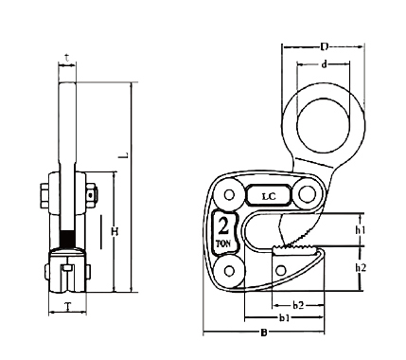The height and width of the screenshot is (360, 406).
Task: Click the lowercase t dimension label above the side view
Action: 65,56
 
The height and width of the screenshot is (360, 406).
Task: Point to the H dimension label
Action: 115,231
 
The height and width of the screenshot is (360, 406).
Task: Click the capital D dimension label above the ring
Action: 326,45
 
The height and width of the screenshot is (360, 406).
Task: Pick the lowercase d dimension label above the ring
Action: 326,64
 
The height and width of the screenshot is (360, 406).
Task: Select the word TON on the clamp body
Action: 223,243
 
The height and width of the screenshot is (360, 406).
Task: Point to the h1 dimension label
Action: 361,230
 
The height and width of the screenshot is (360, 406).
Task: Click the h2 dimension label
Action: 361,268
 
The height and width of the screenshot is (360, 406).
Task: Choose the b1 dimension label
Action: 284,319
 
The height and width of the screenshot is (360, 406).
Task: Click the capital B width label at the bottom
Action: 262,333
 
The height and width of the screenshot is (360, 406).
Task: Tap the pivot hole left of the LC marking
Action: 228,196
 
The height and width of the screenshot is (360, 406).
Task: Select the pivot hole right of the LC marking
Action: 307,195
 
